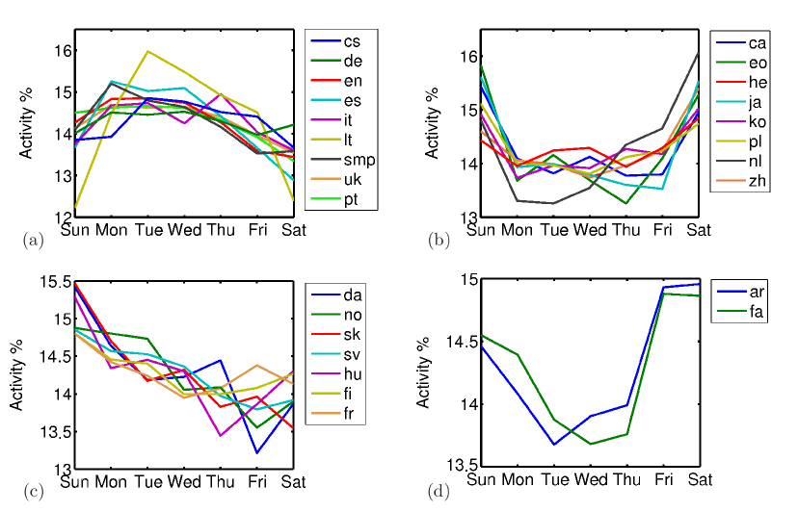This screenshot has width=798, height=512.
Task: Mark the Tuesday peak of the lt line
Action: click(x=146, y=51)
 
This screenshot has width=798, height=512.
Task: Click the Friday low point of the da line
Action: click(x=256, y=452)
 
